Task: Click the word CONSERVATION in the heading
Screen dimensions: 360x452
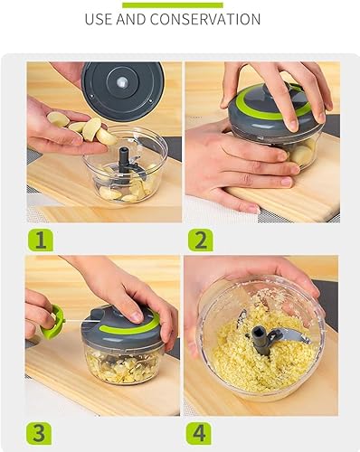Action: coord(205,19)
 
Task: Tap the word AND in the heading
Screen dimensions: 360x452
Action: coord(131,19)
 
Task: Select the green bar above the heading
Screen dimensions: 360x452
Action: coord(173,5)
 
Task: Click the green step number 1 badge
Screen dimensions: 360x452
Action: coord(41,240)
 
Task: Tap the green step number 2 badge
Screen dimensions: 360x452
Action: coord(201,240)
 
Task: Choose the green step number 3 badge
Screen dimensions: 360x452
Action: coord(39,433)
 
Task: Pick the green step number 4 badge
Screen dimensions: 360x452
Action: coord(199,433)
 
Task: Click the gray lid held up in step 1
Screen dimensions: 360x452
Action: coord(123,90)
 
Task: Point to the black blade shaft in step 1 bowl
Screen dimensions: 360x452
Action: coord(124,159)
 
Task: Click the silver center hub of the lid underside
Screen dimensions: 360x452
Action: coord(122,81)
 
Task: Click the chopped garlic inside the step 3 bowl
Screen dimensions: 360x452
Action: coord(123,366)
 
